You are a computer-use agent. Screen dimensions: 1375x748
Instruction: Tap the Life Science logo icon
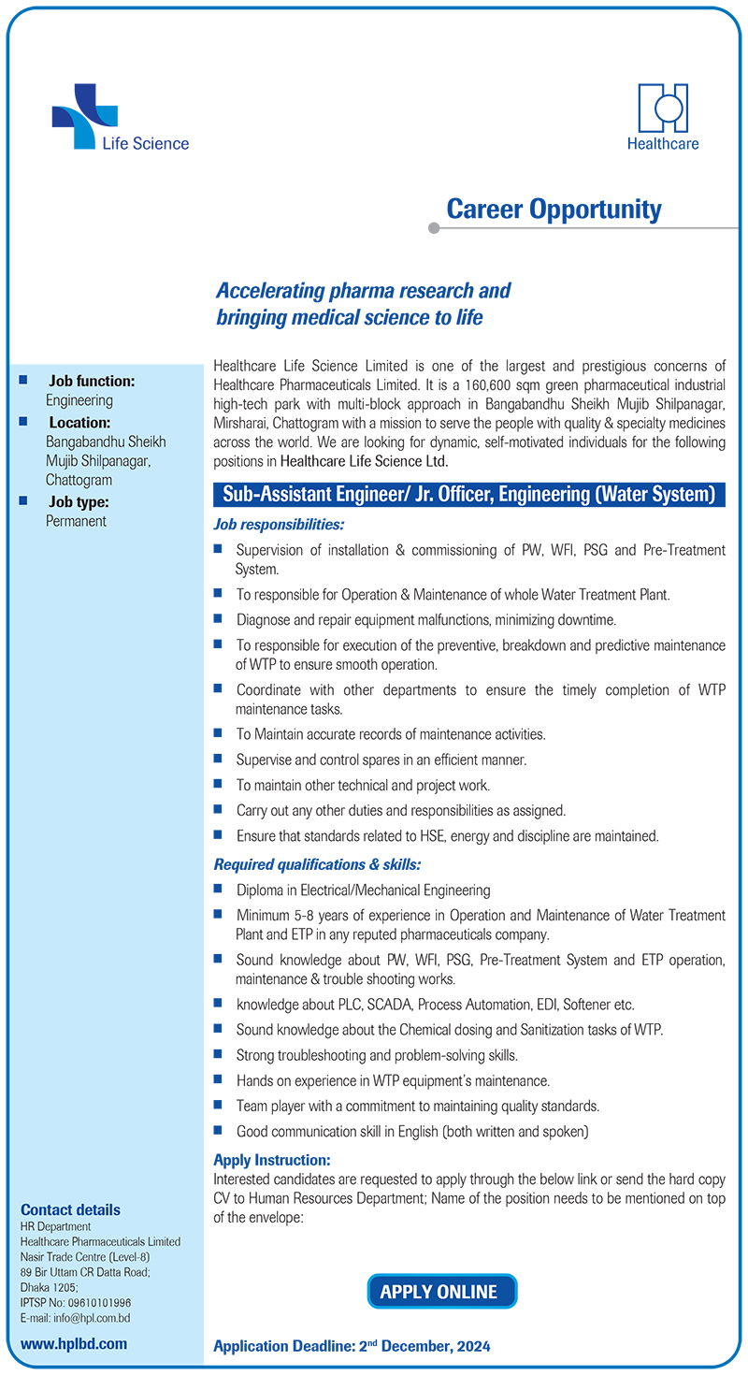(84, 116)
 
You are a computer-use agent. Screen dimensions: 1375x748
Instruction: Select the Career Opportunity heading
(554, 209)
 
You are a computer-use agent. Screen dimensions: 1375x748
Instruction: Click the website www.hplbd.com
(74, 1343)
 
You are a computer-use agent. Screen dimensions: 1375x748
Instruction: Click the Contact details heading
(70, 1209)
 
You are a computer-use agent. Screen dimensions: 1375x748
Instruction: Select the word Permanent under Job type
(77, 521)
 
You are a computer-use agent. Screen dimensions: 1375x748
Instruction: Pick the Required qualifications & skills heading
(317, 863)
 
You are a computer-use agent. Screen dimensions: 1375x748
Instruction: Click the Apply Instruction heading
(272, 1160)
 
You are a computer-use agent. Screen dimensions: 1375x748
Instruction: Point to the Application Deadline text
(352, 1346)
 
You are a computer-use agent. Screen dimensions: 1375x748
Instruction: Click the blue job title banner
(469, 494)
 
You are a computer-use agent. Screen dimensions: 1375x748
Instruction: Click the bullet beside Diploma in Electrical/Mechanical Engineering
(218, 890)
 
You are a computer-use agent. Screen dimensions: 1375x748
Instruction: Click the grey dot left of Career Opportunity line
(433, 227)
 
